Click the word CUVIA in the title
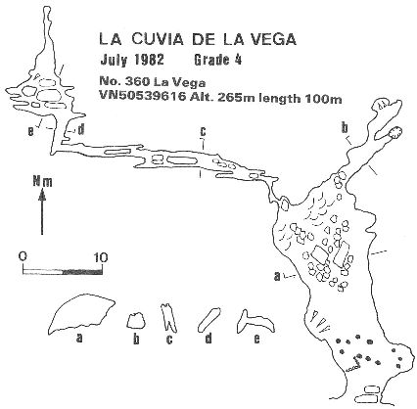tap(155, 39)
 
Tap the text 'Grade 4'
tap(217, 60)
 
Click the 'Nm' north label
tap(42, 182)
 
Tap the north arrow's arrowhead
tap(42, 195)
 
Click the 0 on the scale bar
tap(23, 256)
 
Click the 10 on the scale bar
tap(101, 257)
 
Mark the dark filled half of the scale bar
tap(82, 272)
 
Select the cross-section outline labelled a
tap(81, 313)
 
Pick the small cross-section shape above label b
tap(135, 320)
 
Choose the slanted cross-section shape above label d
tap(208, 318)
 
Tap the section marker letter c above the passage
tap(203, 132)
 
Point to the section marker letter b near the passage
tap(345, 128)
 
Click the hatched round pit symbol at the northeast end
tap(395, 132)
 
